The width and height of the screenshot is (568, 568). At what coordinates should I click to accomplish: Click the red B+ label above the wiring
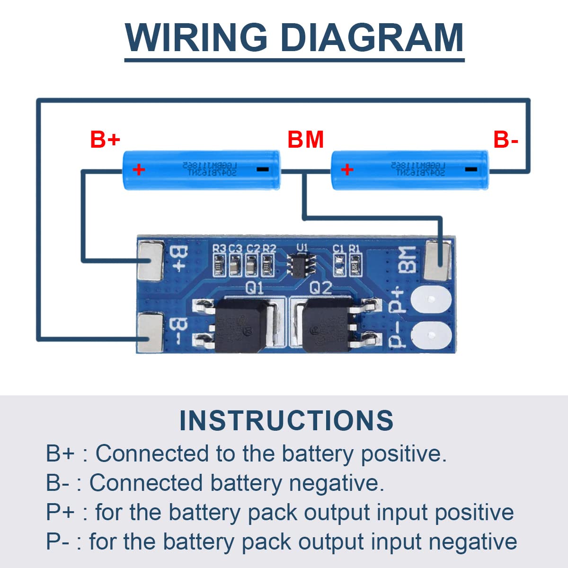click(x=105, y=140)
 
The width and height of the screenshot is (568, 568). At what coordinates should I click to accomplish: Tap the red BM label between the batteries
click(x=305, y=140)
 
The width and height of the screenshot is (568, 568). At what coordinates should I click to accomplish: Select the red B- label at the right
click(x=506, y=140)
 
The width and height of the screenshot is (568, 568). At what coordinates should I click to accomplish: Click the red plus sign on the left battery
click(x=139, y=169)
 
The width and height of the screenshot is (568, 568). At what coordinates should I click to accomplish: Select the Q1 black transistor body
click(x=237, y=326)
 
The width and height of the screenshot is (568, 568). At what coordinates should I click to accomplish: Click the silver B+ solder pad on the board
click(x=151, y=260)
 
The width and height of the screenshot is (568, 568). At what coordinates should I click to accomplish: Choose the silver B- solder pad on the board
click(x=151, y=334)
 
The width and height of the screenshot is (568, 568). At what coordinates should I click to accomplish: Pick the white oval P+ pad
click(x=430, y=300)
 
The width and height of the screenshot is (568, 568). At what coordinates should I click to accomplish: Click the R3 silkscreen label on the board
click(x=219, y=248)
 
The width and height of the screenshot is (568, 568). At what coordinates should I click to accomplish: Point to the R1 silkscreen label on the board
click(x=355, y=248)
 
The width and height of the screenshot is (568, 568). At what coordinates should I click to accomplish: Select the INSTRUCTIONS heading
click(x=286, y=420)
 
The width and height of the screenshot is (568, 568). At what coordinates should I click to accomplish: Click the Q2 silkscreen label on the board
click(x=321, y=287)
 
